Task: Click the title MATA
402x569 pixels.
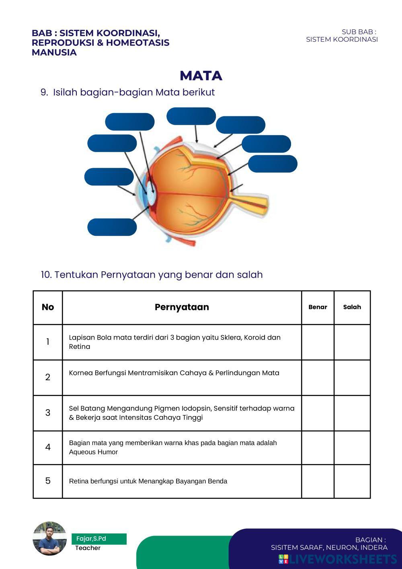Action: (201, 76)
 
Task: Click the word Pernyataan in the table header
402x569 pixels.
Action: (182, 307)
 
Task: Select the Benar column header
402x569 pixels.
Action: (318, 307)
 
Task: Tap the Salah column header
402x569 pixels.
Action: (352, 307)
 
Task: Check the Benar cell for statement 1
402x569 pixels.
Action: (318, 342)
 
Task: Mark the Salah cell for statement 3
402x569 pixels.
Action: (352, 413)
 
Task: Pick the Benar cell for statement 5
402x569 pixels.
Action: (318, 481)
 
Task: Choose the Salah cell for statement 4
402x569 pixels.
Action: (352, 447)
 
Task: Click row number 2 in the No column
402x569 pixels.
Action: (48, 377)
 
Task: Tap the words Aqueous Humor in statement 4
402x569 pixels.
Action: (93, 452)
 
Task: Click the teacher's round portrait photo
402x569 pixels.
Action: (49, 539)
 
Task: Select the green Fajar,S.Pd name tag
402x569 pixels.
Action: (99, 539)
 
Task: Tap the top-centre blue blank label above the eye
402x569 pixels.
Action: (191, 116)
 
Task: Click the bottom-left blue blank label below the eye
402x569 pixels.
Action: (112, 227)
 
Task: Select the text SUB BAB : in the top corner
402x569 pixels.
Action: (359, 32)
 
